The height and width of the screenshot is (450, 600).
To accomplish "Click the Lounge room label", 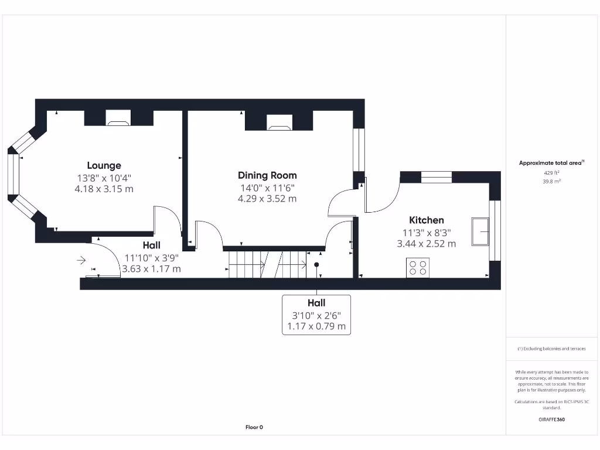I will (104, 166).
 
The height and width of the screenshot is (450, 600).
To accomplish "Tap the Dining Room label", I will (267, 175).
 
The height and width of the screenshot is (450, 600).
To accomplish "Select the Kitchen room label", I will (426, 220).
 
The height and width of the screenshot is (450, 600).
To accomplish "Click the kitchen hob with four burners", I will (417, 268).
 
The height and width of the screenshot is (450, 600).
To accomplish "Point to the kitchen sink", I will (481, 231).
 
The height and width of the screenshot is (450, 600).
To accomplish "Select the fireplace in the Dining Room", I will (279, 124).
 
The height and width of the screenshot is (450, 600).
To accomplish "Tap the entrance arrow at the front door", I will (81, 260).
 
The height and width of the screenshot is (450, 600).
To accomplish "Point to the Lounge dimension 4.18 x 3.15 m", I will (104, 189).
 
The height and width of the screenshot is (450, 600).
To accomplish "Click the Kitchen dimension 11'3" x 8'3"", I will (426, 233).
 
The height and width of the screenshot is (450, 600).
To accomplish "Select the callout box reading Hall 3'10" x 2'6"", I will (316, 315).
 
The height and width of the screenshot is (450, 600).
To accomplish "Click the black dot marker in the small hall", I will (316, 265).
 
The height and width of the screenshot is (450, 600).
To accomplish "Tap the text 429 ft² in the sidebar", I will (551, 173).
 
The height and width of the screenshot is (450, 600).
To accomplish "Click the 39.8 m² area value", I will (551, 182).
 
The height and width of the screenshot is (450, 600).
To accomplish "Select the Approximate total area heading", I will (551, 163).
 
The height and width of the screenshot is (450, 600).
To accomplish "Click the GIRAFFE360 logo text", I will (551, 420).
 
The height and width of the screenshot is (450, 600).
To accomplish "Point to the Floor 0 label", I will (254, 428).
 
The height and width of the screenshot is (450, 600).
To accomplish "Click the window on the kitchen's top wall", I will (437, 176).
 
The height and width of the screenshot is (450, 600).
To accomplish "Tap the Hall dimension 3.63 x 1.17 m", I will (151, 269).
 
